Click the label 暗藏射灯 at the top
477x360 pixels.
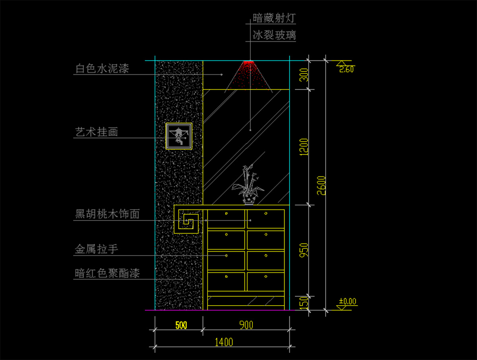(x=274, y=18)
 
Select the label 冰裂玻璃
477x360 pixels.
(x=274, y=36)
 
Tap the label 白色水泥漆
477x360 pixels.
(x=102, y=69)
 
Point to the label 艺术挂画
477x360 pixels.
(x=97, y=132)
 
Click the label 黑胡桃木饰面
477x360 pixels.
(x=107, y=215)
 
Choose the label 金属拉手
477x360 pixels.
(x=97, y=250)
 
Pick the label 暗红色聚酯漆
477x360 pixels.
(x=107, y=273)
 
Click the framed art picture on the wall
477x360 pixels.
(x=179, y=136)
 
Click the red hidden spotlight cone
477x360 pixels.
(x=249, y=75)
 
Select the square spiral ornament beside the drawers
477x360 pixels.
(x=188, y=221)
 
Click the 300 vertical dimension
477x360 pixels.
(x=304, y=75)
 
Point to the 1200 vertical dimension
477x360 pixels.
(x=304, y=147)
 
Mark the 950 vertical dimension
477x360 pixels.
(x=304, y=250)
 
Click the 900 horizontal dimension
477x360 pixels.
(x=246, y=325)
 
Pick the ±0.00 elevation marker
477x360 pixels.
(x=347, y=302)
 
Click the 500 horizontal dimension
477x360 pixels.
(x=181, y=325)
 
